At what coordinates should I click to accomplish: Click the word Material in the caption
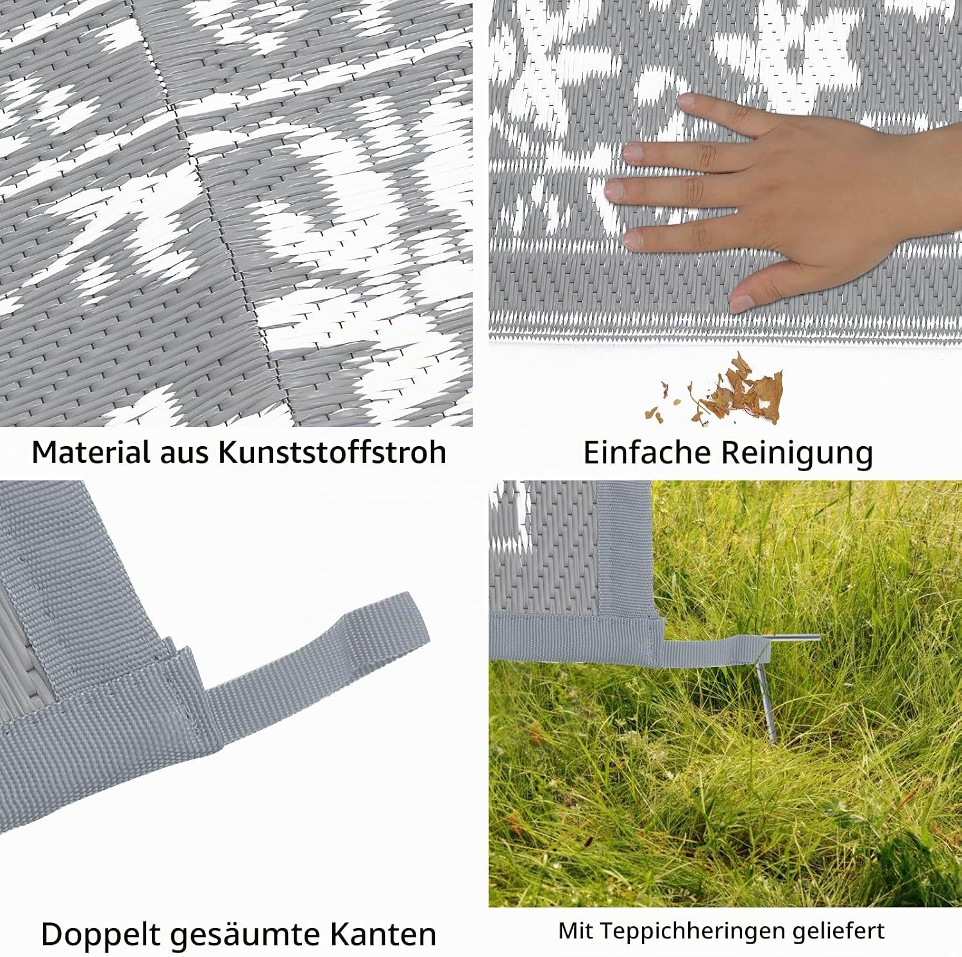pos(90,452)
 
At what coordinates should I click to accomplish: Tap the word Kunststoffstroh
pos(332,452)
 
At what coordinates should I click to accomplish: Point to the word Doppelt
pos(99,935)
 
